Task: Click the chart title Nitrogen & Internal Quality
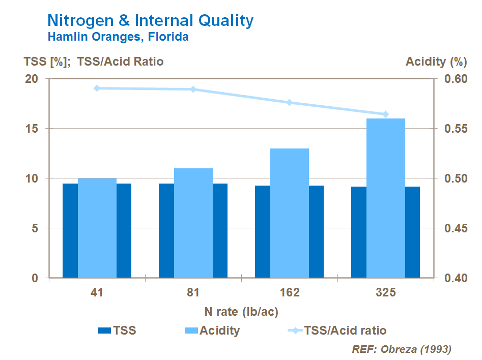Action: point(150,21)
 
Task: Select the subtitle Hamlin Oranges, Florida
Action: point(118,37)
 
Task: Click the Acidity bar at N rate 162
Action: point(289,213)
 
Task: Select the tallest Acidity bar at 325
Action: point(385,198)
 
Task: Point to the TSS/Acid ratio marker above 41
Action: point(97,88)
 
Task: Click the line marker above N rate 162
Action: point(289,103)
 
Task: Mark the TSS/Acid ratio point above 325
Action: point(385,114)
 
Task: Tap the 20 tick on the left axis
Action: point(32,79)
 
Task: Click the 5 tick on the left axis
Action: point(35,228)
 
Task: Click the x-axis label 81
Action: point(193,293)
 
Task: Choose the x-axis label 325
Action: point(385,293)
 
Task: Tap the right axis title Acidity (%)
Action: point(436,62)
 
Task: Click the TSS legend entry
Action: point(117,331)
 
